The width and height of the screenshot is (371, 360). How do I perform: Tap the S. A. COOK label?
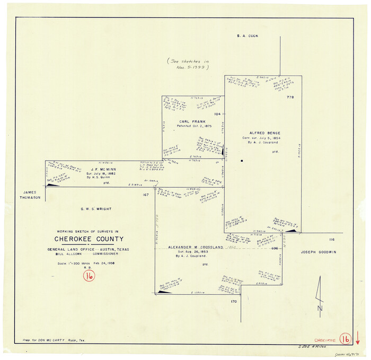(248, 36)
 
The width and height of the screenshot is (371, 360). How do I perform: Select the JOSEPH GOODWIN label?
(319, 252)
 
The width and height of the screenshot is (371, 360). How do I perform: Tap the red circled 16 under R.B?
(89, 276)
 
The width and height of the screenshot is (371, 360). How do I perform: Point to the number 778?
(290, 98)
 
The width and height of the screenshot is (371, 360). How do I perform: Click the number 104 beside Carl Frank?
(217, 114)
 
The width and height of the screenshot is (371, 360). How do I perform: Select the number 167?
(145, 196)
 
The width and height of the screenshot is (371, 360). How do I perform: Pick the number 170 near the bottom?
(233, 302)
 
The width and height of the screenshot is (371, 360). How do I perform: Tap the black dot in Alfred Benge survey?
(242, 161)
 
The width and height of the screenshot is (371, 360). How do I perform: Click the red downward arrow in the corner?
(358, 338)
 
